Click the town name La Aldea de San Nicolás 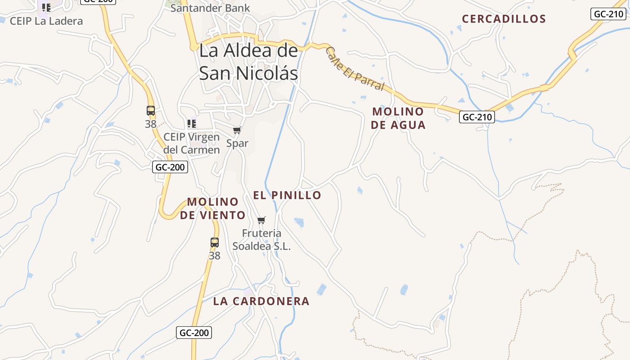tap(248, 62)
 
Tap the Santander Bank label tap(210, 8)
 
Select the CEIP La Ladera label tap(46, 21)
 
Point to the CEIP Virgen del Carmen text tap(191, 143)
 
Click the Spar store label tap(237, 144)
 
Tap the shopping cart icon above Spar tap(237, 130)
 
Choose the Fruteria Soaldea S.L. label tap(261, 239)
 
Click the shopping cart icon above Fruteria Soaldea tap(261, 220)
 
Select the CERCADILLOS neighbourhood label tap(504, 19)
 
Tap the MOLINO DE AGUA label tap(398, 118)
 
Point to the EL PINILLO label tap(287, 195)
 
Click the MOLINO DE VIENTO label tap(213, 208)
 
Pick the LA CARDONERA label tap(261, 301)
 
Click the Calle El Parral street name tap(355, 68)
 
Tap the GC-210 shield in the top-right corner tap(608, 13)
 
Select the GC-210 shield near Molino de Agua tap(477, 117)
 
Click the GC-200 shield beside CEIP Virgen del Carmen tap(170, 167)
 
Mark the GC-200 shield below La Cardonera tap(193, 333)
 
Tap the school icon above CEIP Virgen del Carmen tap(192, 123)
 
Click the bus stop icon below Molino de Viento tap(215, 243)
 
